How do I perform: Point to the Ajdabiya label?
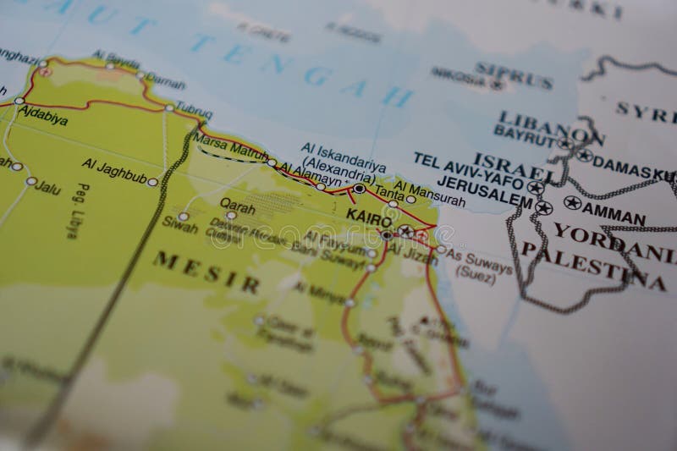point(42,120)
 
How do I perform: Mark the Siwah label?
point(180,228)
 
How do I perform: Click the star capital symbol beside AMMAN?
point(573,203)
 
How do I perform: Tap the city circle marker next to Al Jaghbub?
point(152,182)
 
